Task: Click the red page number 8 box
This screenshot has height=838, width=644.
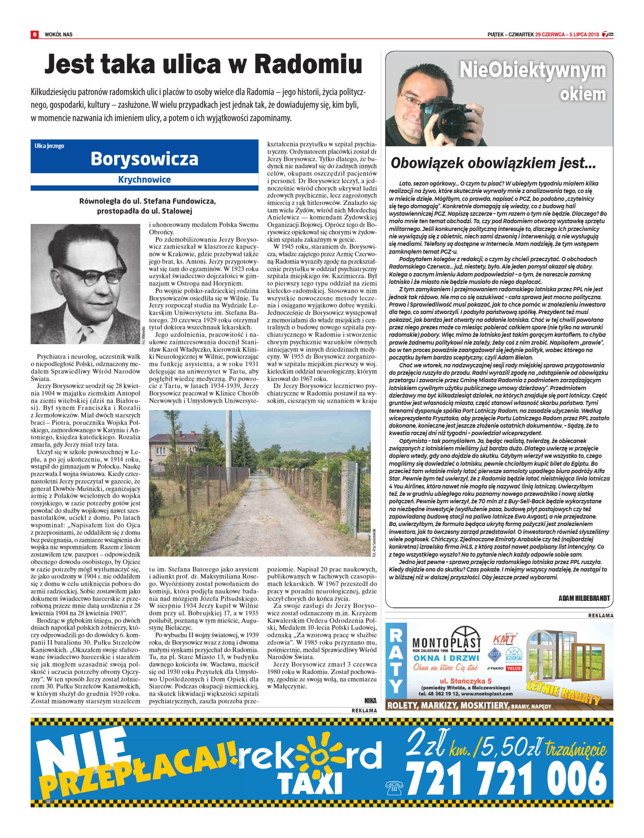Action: (x=35, y=34)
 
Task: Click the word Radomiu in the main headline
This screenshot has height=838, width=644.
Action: (x=308, y=64)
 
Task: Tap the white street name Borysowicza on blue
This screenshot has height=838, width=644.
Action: (x=144, y=159)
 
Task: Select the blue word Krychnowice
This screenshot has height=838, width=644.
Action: (x=144, y=180)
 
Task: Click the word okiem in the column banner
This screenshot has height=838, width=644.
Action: (x=582, y=95)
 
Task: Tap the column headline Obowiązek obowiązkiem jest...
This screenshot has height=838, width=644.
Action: (x=493, y=163)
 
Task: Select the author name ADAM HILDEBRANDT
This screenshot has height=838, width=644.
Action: (x=584, y=598)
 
